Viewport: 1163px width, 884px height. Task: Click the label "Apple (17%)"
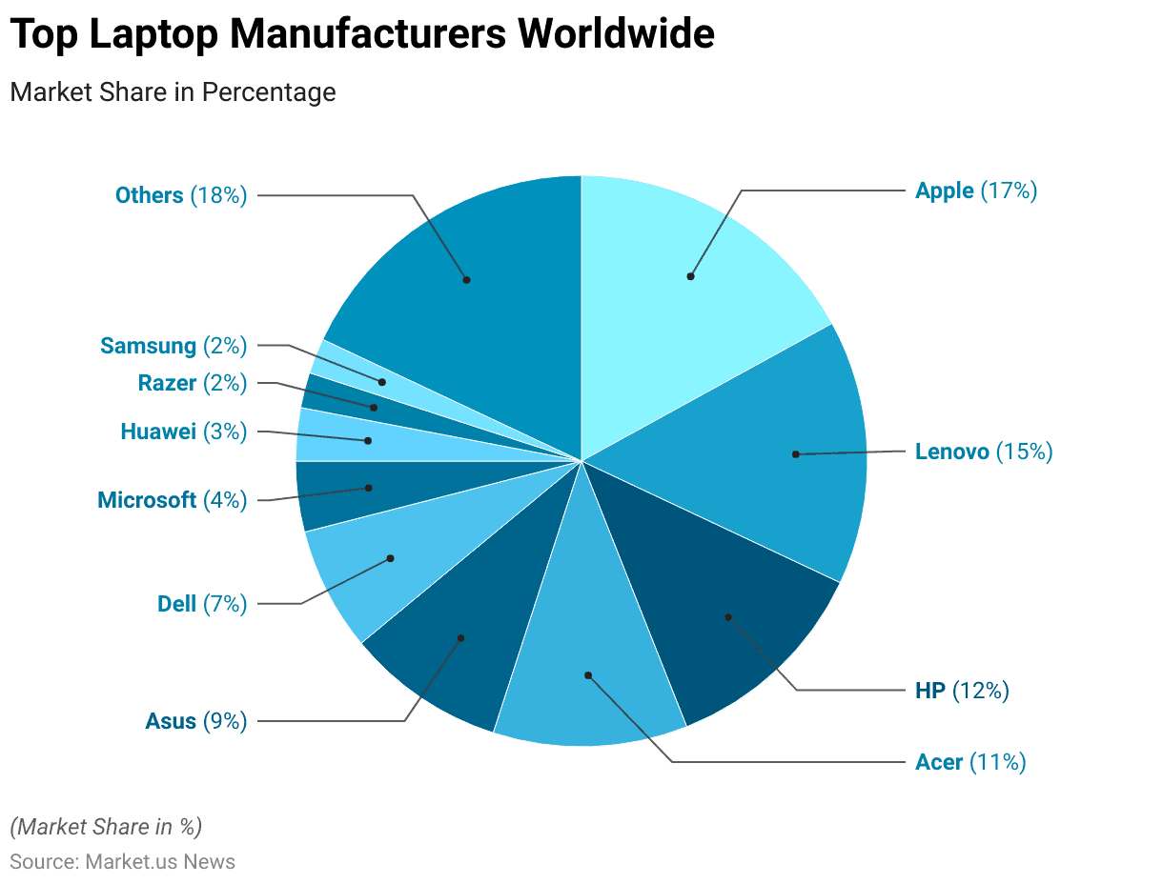point(975,191)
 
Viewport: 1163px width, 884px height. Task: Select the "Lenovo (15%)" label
point(983,452)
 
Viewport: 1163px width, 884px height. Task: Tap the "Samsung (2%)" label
point(173,346)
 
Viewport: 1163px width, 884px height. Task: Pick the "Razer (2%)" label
point(192,384)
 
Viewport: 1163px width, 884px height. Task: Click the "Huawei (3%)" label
point(183,432)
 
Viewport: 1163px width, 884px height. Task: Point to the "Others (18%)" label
point(180,195)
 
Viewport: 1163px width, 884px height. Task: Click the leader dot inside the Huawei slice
point(368,440)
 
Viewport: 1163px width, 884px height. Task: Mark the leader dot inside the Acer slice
point(588,675)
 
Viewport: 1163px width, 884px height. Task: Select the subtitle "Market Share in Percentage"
point(173,92)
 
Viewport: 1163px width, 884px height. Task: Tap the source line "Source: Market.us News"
point(122,862)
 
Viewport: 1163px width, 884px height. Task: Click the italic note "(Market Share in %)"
point(106,826)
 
